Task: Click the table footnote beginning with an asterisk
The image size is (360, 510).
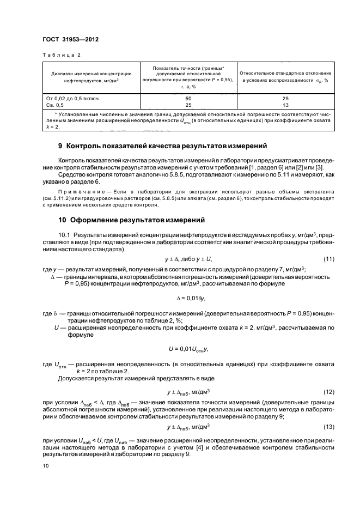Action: click(x=188, y=120)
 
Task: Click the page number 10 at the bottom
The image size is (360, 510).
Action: click(x=45, y=466)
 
